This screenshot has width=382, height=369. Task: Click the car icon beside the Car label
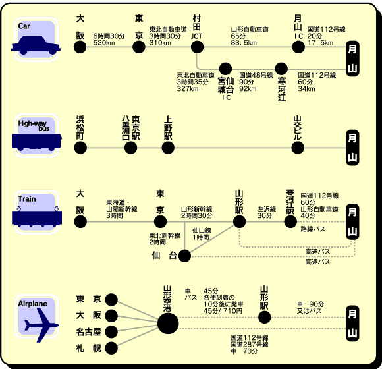(36, 45)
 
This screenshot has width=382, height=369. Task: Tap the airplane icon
(41, 325)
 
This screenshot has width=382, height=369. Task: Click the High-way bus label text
(34, 125)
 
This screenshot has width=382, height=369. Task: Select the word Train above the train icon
(27, 199)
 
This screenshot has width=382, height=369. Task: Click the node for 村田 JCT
(197, 47)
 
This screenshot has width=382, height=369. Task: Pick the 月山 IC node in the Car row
(298, 47)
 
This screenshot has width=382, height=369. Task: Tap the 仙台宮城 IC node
(225, 69)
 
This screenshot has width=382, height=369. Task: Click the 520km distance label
(104, 43)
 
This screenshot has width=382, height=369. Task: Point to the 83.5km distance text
(244, 43)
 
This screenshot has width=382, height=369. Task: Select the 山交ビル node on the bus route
(298, 148)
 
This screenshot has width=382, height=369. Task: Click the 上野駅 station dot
(168, 148)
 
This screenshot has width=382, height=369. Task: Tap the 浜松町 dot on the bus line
(80, 148)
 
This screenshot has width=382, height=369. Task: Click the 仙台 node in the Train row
(184, 256)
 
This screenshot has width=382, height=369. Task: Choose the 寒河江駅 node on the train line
(290, 222)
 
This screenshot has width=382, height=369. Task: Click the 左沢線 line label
(267, 209)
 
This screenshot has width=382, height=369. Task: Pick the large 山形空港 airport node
(168, 324)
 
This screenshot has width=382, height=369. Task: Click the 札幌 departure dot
(111, 348)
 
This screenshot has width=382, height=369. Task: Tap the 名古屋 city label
(88, 331)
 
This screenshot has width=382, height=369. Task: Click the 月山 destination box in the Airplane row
(352, 324)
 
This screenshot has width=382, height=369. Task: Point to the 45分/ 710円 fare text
(223, 311)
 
